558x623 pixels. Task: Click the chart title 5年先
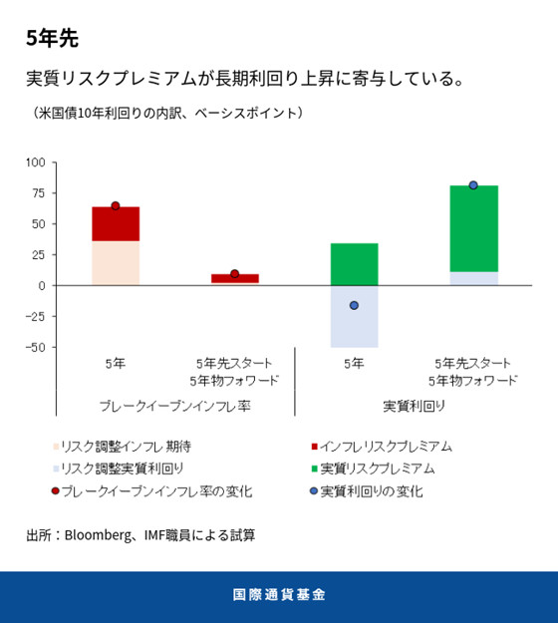(x=52, y=39)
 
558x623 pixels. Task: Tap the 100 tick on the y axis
(x=35, y=161)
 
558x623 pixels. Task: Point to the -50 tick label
(x=34, y=347)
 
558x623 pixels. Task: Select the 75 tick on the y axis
(x=38, y=192)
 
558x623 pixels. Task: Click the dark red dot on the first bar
(x=116, y=206)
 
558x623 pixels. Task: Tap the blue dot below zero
(x=354, y=305)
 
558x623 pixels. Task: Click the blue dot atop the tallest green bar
(x=473, y=185)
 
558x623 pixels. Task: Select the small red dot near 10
(x=234, y=274)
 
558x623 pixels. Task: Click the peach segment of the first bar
(x=116, y=262)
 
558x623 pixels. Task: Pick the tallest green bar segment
(x=473, y=228)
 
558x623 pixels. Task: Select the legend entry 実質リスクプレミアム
(x=377, y=468)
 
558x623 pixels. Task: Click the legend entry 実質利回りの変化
(x=371, y=490)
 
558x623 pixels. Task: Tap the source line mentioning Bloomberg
(x=140, y=535)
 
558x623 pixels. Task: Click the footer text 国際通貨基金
(x=279, y=595)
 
